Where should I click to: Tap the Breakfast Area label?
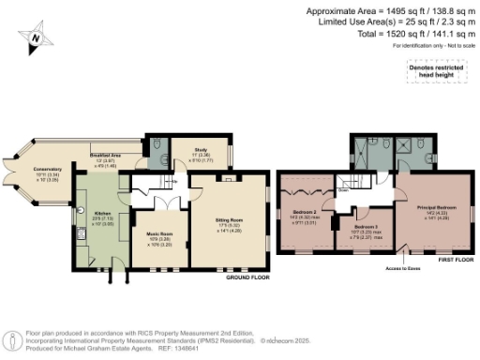click(x=105, y=156)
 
